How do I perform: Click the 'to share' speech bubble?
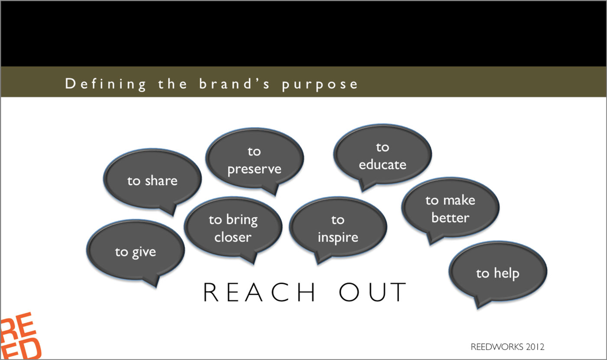click(152, 180)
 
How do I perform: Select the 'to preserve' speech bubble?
click(254, 160)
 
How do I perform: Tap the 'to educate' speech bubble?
click(382, 156)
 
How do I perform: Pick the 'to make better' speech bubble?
click(450, 209)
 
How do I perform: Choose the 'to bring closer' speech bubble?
click(233, 228)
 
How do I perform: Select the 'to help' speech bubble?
click(498, 273)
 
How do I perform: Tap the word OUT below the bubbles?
click(372, 292)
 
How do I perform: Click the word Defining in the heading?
click(106, 84)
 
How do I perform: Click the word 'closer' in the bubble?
click(233, 237)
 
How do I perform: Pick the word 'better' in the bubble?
click(450, 218)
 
